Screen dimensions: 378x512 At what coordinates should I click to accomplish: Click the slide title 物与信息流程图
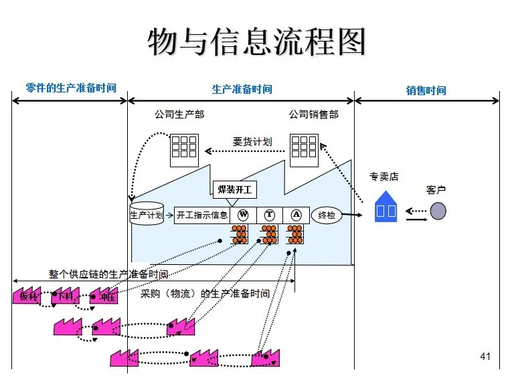(x=256, y=41)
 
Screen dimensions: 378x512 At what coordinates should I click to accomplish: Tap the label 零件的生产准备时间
(x=70, y=88)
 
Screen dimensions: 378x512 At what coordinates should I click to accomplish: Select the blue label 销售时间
(x=426, y=90)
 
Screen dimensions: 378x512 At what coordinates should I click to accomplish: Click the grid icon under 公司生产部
(x=183, y=149)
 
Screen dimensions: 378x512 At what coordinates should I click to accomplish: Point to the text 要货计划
(x=252, y=142)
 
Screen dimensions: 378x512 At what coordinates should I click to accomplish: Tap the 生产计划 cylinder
(x=147, y=214)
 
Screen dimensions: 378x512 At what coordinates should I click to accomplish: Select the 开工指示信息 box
(x=202, y=215)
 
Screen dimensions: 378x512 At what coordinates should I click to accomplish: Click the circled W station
(x=243, y=215)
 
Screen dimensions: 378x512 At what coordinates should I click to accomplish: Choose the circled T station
(x=270, y=215)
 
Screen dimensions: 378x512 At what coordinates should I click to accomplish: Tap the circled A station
(x=296, y=215)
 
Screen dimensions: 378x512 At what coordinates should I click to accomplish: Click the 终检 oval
(x=327, y=215)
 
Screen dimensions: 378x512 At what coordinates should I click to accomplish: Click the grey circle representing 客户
(x=438, y=211)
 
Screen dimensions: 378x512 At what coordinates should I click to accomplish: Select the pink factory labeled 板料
(x=27, y=296)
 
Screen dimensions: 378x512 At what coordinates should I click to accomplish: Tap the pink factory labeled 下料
(x=66, y=296)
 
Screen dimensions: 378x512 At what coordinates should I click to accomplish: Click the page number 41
(x=485, y=357)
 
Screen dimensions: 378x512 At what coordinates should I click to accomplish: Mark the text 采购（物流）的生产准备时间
(x=205, y=294)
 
